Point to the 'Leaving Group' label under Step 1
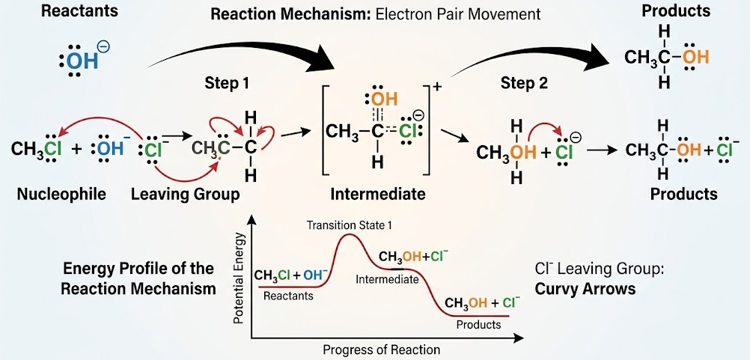click(x=185, y=195)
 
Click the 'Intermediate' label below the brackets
click(x=377, y=195)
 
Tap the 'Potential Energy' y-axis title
click(x=239, y=281)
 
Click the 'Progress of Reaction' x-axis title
click(x=381, y=350)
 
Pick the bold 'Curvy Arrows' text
click(x=585, y=288)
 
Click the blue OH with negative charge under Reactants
click(x=82, y=60)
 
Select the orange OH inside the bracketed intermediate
click(x=380, y=100)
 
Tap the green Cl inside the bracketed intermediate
click(x=408, y=132)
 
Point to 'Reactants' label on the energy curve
click(x=288, y=296)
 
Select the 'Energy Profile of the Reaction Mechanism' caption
click(x=138, y=278)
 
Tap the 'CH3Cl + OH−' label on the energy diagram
click(x=291, y=275)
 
